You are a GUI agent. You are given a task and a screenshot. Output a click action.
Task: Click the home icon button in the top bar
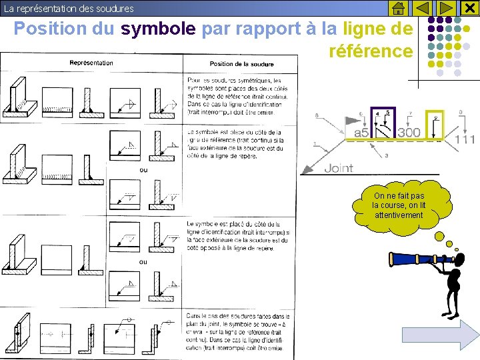(398, 8)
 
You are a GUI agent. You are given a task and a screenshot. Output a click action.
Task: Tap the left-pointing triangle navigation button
(423, 8)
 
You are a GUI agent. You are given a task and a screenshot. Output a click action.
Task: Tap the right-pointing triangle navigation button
(446, 8)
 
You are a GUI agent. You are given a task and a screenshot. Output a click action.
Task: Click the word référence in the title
(371, 51)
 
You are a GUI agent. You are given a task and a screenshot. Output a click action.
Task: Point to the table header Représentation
(91, 63)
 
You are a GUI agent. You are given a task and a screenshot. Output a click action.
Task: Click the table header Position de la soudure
(241, 64)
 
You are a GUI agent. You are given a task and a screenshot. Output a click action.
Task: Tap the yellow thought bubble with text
(399, 207)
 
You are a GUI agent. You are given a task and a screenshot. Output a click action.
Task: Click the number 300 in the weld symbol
(409, 133)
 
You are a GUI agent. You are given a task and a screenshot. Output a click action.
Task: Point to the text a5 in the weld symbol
(360, 133)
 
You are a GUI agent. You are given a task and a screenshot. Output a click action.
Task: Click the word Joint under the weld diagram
(338, 168)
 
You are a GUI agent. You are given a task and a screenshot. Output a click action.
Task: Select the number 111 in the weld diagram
(465, 140)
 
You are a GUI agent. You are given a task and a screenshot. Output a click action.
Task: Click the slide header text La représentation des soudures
(69, 9)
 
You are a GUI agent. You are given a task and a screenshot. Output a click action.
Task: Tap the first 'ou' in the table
(143, 170)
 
